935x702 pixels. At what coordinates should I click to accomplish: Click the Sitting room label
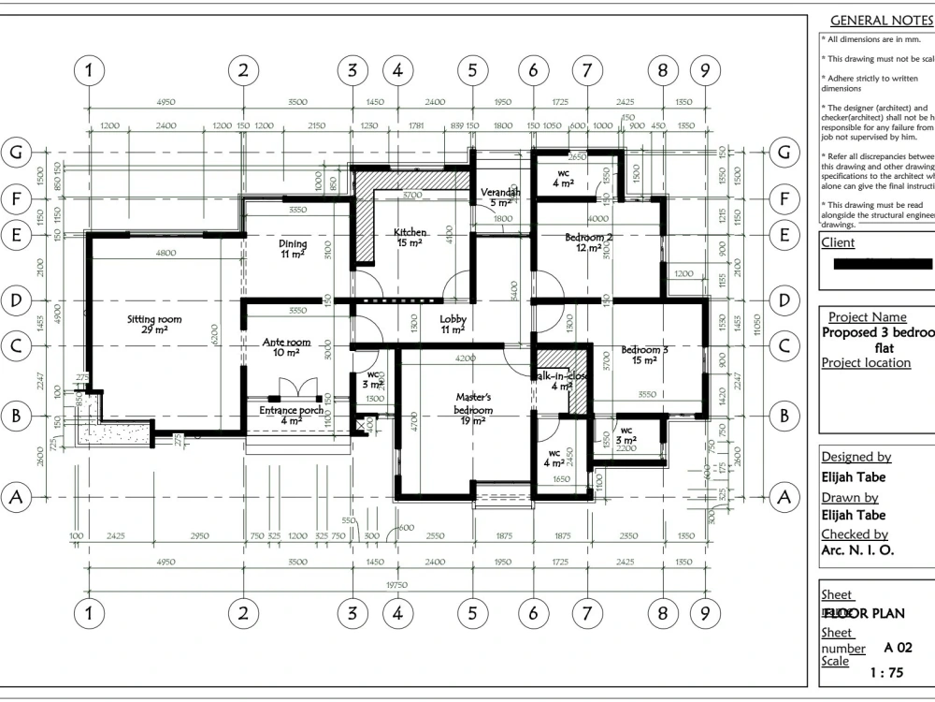click(154, 320)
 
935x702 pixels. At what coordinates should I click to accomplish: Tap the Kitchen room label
click(410, 232)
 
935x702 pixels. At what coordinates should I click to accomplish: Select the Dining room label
click(293, 244)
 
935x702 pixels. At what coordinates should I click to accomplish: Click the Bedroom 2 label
click(589, 238)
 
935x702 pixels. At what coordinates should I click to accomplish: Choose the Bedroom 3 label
click(644, 350)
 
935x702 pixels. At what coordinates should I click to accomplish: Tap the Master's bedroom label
click(473, 403)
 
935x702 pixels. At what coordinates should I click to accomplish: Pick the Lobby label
click(453, 319)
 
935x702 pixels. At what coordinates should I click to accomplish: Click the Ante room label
click(287, 344)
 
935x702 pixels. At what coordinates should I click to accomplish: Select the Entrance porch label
click(292, 410)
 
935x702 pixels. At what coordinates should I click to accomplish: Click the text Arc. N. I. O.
click(857, 550)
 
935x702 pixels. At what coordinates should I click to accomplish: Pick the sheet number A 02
click(898, 647)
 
